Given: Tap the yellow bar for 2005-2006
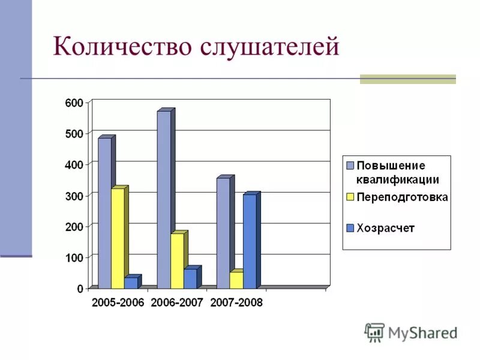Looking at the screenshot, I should [x=118, y=238].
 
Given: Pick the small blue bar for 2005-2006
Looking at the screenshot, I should [x=131, y=283].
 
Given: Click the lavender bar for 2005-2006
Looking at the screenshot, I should [x=104, y=213].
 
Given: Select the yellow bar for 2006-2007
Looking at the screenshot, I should [x=177, y=260].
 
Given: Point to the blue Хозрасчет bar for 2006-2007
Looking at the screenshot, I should [x=190, y=278].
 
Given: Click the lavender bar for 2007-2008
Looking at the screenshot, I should [x=223, y=233].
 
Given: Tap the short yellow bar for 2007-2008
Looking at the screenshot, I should [x=236, y=280].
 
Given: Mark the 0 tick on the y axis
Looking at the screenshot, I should [x=80, y=289].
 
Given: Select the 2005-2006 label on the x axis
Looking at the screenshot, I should [x=118, y=302].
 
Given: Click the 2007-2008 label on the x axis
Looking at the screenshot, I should [x=236, y=302].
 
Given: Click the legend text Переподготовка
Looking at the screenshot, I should [x=402, y=197].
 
